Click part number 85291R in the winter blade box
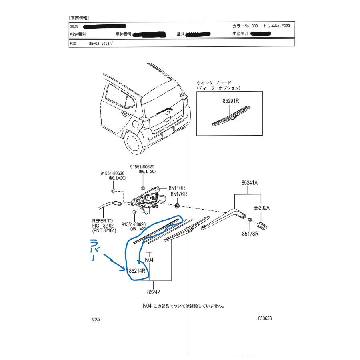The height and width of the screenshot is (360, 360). (x=231, y=102)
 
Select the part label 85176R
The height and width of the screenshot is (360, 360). (x=179, y=194)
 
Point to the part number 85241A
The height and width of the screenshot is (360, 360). (x=249, y=183)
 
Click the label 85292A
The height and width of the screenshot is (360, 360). (x=261, y=208)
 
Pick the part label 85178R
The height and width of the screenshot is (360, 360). (x=250, y=233)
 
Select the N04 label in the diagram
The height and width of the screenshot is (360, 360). (x=149, y=260)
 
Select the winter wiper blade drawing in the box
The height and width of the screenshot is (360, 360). (x=230, y=116)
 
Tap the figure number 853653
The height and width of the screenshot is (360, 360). (x=265, y=319)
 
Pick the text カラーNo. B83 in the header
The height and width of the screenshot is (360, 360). (x=245, y=26)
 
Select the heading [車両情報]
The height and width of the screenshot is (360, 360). (x=79, y=18)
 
